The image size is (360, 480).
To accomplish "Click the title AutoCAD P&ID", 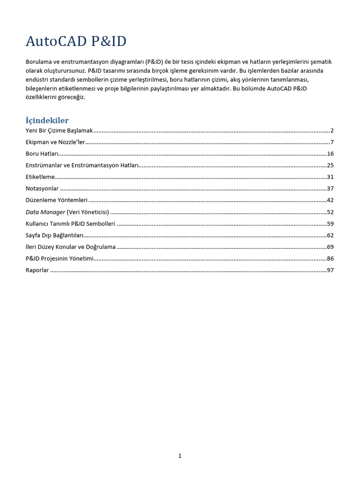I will pyautogui.click(x=76, y=42).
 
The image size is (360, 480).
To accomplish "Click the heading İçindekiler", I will pyautogui.click(x=47, y=120).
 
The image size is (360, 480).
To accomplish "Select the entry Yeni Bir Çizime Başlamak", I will pyautogui.click(x=60, y=131).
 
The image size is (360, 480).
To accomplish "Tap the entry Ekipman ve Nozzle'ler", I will pyautogui.click(x=55, y=142).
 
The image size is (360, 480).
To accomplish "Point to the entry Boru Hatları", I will pyautogui.click(x=42, y=154).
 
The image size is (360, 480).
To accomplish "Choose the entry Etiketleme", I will pyautogui.click(x=40, y=177).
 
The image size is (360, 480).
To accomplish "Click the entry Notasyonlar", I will pyautogui.click(x=42, y=188).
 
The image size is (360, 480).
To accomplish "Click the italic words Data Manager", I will pyautogui.click(x=45, y=212).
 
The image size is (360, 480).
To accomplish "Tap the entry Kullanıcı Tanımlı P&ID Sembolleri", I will pyautogui.click(x=70, y=224).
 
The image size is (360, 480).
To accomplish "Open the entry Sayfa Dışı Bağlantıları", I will pyautogui.click(x=54, y=235).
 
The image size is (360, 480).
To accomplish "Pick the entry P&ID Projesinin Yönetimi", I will pyautogui.click(x=60, y=258).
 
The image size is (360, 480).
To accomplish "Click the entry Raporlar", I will pyautogui.click(x=37, y=270).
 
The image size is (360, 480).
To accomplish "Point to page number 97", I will pyautogui.click(x=330, y=270).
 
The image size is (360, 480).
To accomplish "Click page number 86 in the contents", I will pyautogui.click(x=330, y=258).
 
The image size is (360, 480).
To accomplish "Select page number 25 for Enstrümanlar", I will pyautogui.click(x=330, y=165).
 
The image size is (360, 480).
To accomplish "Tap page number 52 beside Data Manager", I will pyautogui.click(x=330, y=212).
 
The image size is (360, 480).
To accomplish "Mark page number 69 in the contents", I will pyautogui.click(x=330, y=247).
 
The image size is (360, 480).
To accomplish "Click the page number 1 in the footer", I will pyautogui.click(x=180, y=456).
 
